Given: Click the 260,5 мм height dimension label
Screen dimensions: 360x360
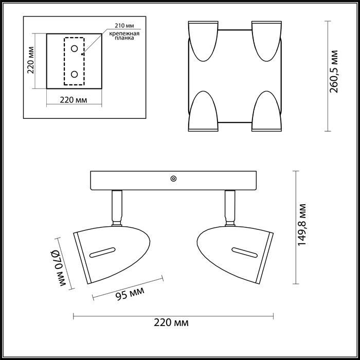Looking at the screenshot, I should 334,71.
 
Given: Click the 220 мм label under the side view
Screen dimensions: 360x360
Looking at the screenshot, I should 171,323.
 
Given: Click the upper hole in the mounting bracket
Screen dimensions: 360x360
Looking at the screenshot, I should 75,49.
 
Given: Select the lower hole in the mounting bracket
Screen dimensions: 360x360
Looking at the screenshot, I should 75,74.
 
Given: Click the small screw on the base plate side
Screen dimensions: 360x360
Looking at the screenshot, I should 173,179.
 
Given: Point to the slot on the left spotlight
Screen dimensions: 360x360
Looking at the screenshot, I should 102,251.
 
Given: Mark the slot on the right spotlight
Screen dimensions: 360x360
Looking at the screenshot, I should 244,252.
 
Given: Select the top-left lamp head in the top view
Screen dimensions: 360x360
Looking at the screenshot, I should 204,41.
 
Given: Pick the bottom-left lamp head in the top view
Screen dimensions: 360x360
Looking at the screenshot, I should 204,112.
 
